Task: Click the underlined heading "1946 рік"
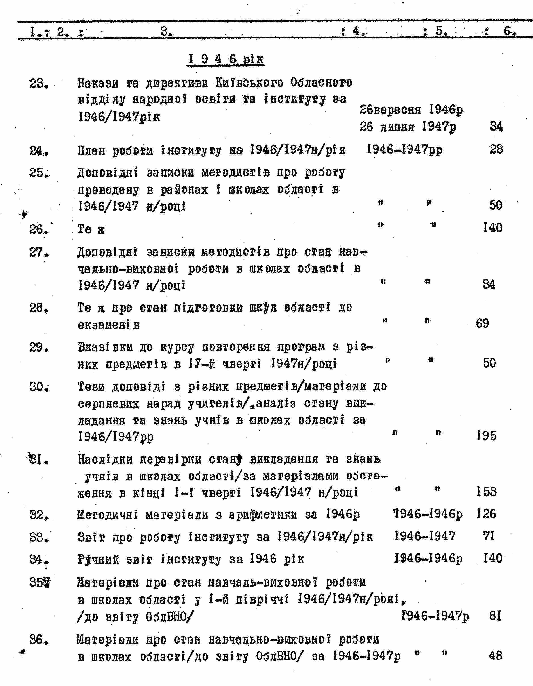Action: pyautogui.click(x=226, y=59)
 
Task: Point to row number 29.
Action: pyautogui.click(x=39, y=347)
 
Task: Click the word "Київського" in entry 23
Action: pyautogui.click(x=249, y=83)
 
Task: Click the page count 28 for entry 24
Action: pyautogui.click(x=496, y=149)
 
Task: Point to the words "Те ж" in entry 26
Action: pyautogui.click(x=91, y=229)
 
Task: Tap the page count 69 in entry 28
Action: pyautogui.click(x=482, y=323)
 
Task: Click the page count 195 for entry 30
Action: pyautogui.click(x=486, y=436)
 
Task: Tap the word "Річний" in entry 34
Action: pyautogui.click(x=98, y=559)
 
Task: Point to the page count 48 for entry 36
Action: pyautogui.click(x=495, y=656)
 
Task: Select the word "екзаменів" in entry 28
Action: pyautogui.click(x=109, y=325)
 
